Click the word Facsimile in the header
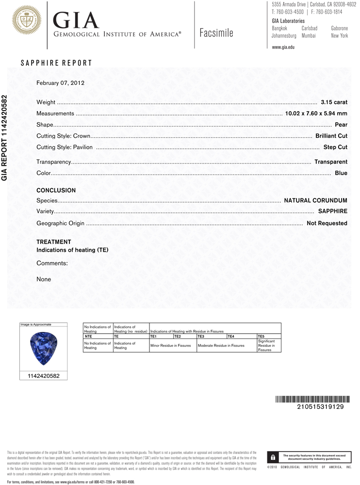(x=216, y=33)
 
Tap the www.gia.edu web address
(x=283, y=47)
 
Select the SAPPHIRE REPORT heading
(x=56, y=64)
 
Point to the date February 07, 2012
(x=61, y=83)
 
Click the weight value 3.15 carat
(x=334, y=102)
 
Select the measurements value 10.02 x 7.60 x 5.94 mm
(x=316, y=113)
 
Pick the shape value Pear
(x=341, y=125)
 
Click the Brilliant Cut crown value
(x=331, y=136)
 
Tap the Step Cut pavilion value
(x=335, y=147)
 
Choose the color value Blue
(x=341, y=173)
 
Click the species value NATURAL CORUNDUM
(x=315, y=200)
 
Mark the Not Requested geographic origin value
(x=327, y=223)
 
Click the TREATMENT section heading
(x=54, y=242)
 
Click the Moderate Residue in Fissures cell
(x=221, y=345)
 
